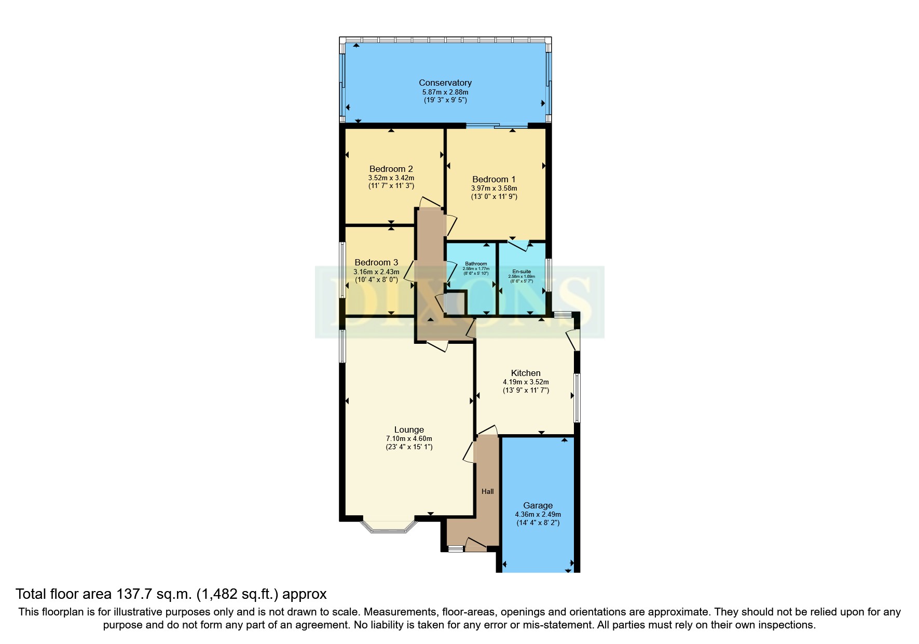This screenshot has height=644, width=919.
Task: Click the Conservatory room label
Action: coord(445,83)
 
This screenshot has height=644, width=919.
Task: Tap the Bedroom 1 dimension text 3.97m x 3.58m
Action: coord(493,188)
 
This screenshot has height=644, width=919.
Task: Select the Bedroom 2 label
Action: coord(391,169)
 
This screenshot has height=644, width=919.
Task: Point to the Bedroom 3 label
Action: coord(376,262)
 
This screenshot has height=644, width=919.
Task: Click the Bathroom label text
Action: coord(475,264)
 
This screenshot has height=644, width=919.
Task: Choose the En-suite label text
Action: coord(521,272)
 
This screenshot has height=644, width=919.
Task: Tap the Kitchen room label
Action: coord(525,373)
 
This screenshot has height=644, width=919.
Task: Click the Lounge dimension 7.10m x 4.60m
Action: coord(408,438)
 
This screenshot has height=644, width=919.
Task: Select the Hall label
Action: coord(487,491)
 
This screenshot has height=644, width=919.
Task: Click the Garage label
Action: coord(537,505)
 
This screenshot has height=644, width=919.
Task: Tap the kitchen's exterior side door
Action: coord(573,340)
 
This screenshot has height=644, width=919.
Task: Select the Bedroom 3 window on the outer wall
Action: coord(342,270)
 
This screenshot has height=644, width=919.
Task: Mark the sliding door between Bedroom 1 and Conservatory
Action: coord(497,125)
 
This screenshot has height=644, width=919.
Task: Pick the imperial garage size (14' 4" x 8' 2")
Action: coord(537,522)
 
